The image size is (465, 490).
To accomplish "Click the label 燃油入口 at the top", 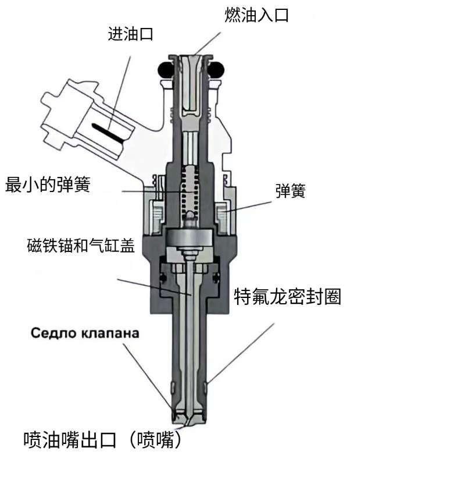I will pyautogui.click(x=256, y=14).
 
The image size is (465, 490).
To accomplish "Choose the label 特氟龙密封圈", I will pyautogui.click(x=287, y=297).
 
